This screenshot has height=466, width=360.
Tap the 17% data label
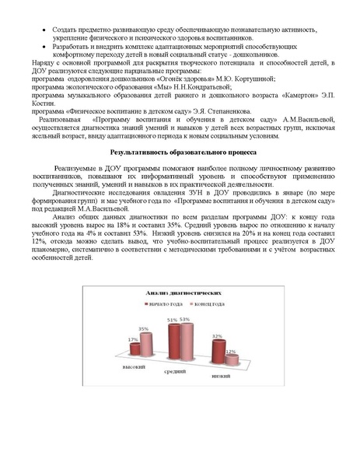pos(132,339)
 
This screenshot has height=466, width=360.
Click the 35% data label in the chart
pos(145,329)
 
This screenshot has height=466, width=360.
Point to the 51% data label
pos(173,321)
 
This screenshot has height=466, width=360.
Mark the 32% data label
pos(218,336)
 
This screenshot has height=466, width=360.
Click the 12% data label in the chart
pos(230,351)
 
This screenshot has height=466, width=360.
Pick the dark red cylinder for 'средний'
pos(173,344)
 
